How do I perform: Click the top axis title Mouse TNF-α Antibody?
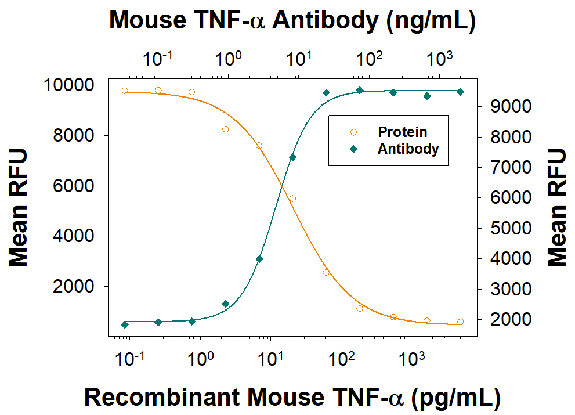[292, 21]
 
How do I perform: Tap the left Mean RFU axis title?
[19, 208]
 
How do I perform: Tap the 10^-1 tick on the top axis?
[158, 59]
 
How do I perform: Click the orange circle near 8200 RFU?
[225, 129]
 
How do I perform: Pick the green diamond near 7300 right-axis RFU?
[292, 157]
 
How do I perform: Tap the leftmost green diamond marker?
[125, 324]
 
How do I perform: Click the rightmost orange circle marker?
[460, 322]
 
